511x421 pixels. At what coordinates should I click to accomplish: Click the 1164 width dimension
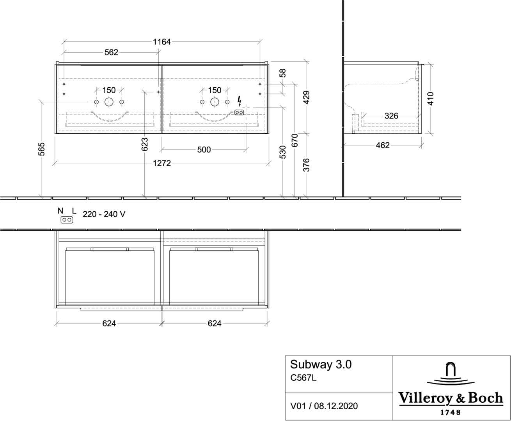(x=161, y=42)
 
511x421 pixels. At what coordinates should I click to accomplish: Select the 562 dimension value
(x=111, y=52)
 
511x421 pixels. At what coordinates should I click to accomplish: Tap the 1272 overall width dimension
(x=162, y=163)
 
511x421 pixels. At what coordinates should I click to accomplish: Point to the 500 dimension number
(x=204, y=149)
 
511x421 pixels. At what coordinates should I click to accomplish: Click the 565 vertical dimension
(x=42, y=149)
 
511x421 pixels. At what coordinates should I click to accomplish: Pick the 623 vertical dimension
(x=145, y=144)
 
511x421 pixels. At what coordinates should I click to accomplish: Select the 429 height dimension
(x=306, y=97)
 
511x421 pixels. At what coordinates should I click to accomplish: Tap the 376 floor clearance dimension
(x=306, y=165)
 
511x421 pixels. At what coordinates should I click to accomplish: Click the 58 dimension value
(x=282, y=73)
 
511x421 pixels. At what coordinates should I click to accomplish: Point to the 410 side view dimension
(x=430, y=99)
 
